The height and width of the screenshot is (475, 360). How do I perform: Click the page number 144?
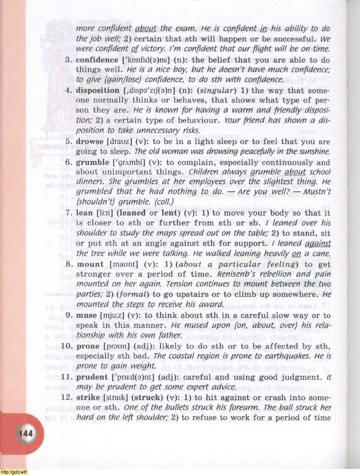pos(25,433)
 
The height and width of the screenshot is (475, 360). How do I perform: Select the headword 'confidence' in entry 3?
pos(97,60)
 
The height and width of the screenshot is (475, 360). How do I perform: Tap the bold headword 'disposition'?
pos(97,91)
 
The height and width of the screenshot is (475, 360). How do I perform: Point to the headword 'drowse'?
pos(90,142)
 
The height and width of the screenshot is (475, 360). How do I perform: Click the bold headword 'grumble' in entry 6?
pos(93,162)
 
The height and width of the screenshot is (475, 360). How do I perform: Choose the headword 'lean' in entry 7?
pos(84,213)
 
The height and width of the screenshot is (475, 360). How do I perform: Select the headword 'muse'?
pos(87,315)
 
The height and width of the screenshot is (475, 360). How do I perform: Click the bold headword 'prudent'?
pos(92,377)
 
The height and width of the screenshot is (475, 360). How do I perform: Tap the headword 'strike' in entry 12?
pos(88,397)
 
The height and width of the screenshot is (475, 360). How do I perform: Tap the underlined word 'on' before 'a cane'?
pos(296,254)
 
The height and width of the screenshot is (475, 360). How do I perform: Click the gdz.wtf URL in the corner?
pos(14,472)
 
